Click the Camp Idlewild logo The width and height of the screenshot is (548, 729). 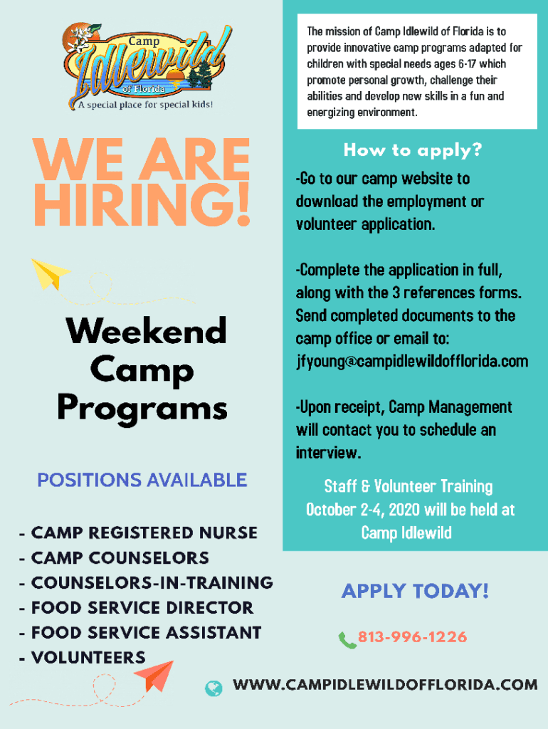point(146,66)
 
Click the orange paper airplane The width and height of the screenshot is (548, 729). point(154,676)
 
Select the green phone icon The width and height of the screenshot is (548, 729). point(347,640)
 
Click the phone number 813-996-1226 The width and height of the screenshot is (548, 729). point(412,636)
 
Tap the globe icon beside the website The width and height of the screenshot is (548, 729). point(214,688)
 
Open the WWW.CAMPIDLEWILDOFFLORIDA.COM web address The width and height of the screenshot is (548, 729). point(385,685)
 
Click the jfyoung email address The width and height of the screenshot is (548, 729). point(412,362)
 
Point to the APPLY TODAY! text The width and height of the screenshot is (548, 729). point(415,591)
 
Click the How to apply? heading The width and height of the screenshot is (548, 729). point(413,150)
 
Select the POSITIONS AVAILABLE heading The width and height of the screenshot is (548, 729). point(142,481)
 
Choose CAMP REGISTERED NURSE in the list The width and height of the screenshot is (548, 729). point(144,533)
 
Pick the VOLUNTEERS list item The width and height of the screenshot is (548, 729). point(88,657)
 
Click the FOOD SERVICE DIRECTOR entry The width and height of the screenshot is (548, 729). point(142,608)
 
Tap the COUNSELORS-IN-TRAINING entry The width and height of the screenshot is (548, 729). point(152,582)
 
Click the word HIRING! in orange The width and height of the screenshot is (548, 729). point(142,204)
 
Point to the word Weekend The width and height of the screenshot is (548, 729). point(147,330)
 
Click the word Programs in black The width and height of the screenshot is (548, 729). point(142,408)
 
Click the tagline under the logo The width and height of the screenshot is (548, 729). point(145,105)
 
